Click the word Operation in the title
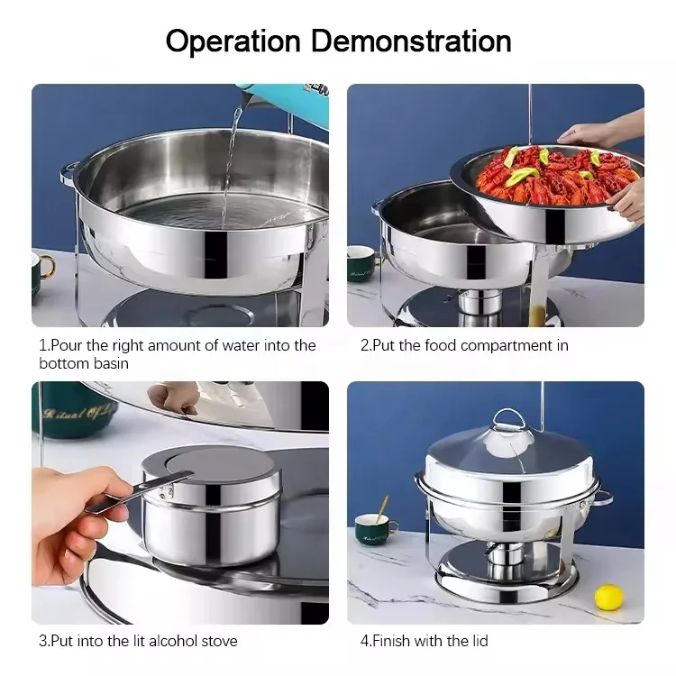[233, 41]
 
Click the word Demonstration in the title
[411, 41]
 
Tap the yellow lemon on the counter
[608, 597]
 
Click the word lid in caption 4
[480, 641]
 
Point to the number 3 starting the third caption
[42, 641]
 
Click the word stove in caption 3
[220, 641]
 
